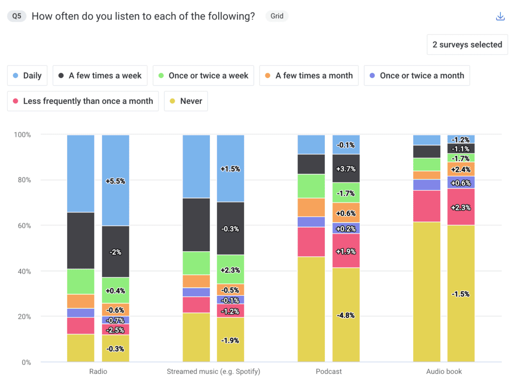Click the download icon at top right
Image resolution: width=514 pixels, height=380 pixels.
point(500,17)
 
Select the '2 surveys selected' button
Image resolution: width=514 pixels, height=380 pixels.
point(467,45)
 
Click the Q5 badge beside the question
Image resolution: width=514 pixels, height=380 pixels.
point(17,16)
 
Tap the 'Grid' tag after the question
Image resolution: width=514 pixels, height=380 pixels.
point(277,16)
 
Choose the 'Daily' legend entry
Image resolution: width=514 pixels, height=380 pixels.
point(27,76)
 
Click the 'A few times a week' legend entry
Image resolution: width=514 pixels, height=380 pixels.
point(100,76)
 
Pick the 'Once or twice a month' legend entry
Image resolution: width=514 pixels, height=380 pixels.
point(417,76)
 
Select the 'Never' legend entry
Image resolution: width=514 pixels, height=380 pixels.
point(186,101)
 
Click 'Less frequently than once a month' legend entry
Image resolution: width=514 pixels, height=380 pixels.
point(83,101)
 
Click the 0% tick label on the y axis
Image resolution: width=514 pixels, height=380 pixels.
point(25,362)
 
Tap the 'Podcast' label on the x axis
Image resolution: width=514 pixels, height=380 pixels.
point(329,371)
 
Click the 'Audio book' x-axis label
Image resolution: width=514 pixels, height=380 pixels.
point(444,371)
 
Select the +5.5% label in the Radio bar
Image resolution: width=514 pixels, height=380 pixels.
point(115,181)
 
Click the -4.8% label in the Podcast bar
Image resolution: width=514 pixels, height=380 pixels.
point(346,315)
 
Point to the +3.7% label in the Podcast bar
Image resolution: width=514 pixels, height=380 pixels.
point(346,168)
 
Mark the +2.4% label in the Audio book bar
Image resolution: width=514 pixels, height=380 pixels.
point(461,169)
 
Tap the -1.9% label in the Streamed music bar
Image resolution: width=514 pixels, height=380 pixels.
point(230,340)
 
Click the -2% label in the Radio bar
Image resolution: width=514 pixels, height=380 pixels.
point(115,252)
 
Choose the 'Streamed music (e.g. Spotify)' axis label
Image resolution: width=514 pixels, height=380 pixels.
point(213,371)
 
